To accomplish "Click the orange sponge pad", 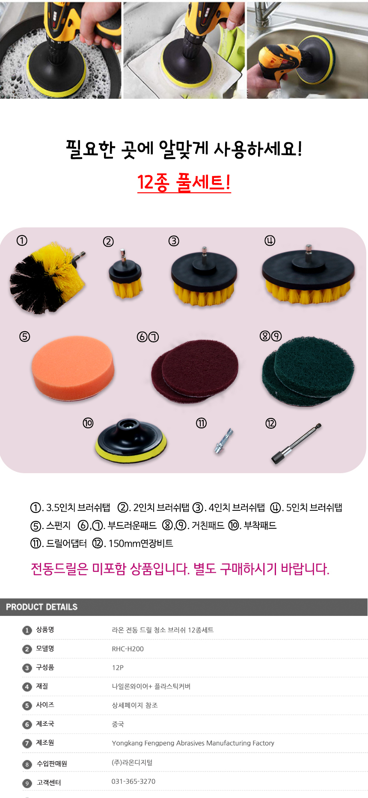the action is (x=73, y=368).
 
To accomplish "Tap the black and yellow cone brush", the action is (x=47, y=278).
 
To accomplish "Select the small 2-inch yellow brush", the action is (x=125, y=275).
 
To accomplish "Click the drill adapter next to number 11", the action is (x=224, y=441).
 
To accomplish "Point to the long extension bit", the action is (x=296, y=443).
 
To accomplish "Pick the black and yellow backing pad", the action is (x=131, y=440).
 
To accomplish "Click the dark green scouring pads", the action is (x=308, y=371).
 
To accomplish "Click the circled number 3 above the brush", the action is (x=174, y=241).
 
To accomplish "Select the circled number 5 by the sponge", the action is (x=25, y=336).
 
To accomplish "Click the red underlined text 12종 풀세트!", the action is (x=184, y=182).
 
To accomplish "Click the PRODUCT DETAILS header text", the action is (x=42, y=607).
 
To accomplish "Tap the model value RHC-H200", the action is (x=128, y=649).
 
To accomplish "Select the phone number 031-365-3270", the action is (x=134, y=781).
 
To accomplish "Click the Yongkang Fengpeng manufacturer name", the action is (x=193, y=743).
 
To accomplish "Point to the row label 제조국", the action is (x=45, y=724).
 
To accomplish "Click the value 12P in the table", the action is (x=118, y=668).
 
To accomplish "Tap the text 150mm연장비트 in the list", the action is (x=141, y=543).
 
